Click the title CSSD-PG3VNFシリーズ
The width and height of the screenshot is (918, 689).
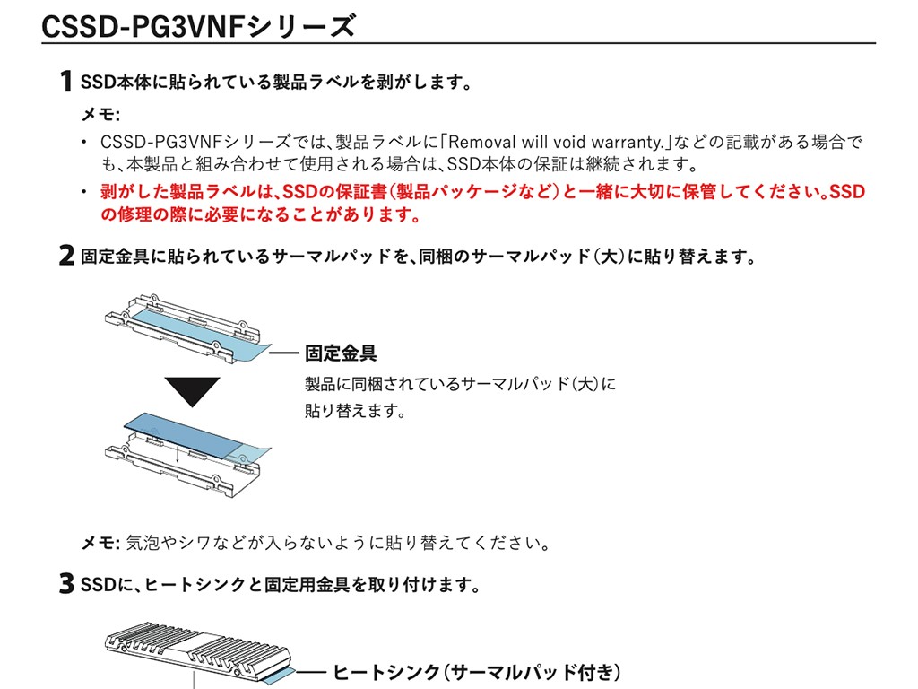click(x=198, y=26)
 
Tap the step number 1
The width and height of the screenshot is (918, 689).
click(x=65, y=83)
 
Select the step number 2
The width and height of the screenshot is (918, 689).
click(x=66, y=257)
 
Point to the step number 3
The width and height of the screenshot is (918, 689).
click(x=66, y=586)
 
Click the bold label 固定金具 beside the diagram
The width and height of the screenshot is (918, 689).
click(x=341, y=353)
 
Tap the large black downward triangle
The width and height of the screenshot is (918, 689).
click(x=192, y=390)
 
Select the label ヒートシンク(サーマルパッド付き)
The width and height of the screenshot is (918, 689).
click(x=477, y=672)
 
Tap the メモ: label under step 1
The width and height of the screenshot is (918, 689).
click(x=100, y=116)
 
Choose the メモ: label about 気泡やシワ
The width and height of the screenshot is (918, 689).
click(x=100, y=543)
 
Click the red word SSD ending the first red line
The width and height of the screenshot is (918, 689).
click(x=848, y=192)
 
